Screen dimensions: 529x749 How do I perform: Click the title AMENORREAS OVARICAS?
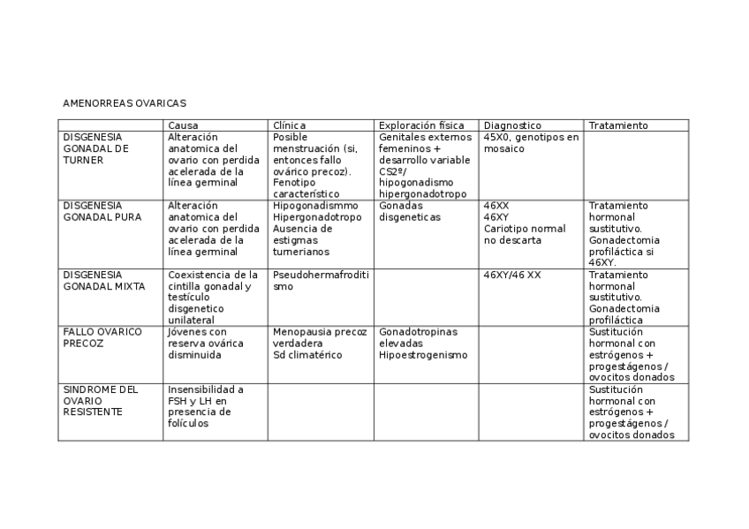pos(125,103)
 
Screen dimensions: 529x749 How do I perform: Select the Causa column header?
pos(183,125)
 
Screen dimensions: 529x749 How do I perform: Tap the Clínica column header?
pos(290,125)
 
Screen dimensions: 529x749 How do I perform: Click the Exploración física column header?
pos(420,125)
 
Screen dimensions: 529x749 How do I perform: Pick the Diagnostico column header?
pos(512,125)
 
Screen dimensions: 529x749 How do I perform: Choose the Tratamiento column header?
pos(617,125)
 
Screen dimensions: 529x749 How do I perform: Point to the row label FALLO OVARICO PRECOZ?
pos(102,337)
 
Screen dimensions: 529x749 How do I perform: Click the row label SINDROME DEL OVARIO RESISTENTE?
pos(100,400)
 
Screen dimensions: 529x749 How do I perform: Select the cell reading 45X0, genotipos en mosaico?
pos(531,143)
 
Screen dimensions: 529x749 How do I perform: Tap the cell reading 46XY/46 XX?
pos(512,275)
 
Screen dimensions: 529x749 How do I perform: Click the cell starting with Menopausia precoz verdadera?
pos(319,343)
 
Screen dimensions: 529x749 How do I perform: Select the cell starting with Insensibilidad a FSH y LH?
pos(205,406)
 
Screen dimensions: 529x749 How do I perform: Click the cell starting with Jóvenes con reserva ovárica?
pos(202,343)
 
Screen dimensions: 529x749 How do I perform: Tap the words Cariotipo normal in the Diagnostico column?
pos(524,229)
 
